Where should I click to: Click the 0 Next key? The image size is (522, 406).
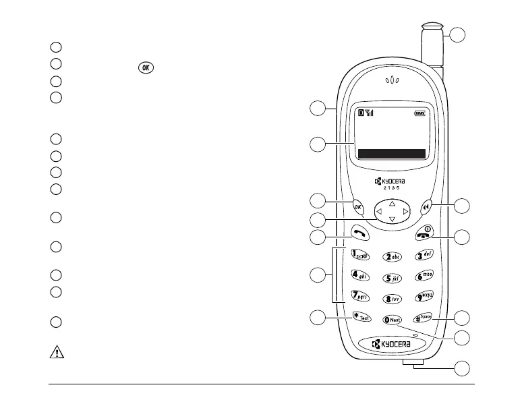(391, 320)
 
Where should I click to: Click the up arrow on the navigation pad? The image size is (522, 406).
(392, 203)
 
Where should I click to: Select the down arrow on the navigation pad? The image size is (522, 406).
(392, 221)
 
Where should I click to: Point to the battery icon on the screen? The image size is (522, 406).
(421, 113)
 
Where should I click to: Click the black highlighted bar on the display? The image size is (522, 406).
(392, 154)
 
